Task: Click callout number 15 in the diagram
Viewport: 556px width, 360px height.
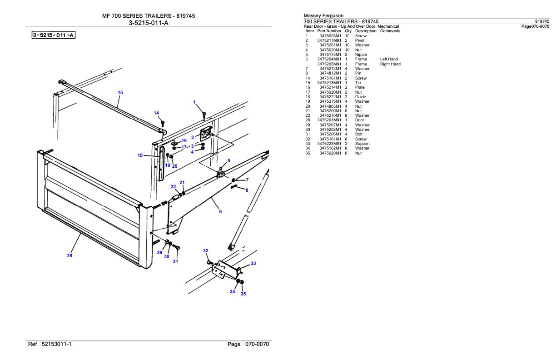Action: point(120,92)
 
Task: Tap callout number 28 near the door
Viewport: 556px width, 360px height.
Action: point(69,255)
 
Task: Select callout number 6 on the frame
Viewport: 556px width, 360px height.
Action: point(220,211)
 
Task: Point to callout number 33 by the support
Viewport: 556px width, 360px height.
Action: point(253,264)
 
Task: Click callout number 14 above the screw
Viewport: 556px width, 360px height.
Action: point(156,113)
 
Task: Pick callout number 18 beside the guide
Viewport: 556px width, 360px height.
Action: point(140,155)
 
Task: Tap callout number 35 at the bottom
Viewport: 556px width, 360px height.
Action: point(243,294)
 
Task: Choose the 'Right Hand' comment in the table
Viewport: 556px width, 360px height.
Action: point(390,64)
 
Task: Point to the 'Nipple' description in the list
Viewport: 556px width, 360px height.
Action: point(361,55)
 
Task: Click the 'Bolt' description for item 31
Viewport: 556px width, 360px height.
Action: point(359,134)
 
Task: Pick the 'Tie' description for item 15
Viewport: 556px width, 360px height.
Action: point(358,83)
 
